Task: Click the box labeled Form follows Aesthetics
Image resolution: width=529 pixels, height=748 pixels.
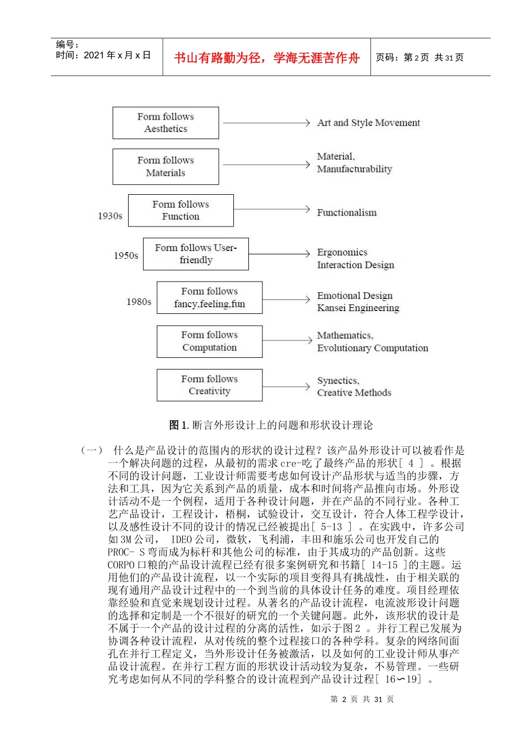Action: coord(165,123)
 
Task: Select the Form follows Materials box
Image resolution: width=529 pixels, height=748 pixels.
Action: coord(165,166)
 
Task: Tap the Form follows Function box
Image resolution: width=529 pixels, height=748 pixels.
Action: coord(180,210)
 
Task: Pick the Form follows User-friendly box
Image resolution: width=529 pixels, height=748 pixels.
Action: coord(195,254)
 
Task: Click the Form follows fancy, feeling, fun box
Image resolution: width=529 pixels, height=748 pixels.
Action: coord(209,298)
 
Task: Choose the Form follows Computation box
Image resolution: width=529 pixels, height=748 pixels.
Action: coord(209,341)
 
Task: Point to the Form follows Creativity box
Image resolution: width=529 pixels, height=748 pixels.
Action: coord(209,385)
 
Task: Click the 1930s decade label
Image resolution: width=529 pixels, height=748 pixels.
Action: coord(110,216)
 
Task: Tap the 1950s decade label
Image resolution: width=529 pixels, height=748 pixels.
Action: coord(126,255)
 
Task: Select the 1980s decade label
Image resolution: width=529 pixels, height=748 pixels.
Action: coord(139,302)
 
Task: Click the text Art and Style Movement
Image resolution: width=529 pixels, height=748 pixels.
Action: coord(368,123)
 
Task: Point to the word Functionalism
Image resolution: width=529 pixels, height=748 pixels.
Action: coord(346,213)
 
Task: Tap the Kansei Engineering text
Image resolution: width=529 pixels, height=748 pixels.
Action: coord(358,308)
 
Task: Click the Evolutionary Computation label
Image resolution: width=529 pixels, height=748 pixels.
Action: coord(373,348)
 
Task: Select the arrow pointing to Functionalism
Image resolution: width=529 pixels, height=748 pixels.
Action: coord(272,209)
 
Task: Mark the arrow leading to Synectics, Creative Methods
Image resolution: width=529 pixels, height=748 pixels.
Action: coord(286,386)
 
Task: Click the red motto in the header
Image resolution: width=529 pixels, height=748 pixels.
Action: coord(267,58)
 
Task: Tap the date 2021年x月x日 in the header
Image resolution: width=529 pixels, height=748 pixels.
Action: coord(117,55)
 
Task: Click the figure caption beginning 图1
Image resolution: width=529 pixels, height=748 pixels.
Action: coord(271,425)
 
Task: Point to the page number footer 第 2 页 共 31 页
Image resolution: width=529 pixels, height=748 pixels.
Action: coord(362,700)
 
